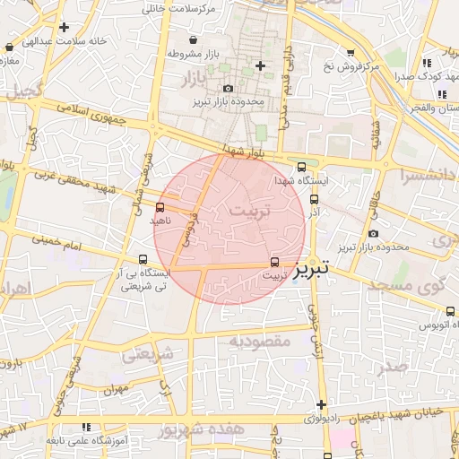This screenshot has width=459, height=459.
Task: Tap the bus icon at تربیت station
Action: [274, 263]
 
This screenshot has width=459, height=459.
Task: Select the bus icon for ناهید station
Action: [160, 208]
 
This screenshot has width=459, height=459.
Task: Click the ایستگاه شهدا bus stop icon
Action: [301, 167]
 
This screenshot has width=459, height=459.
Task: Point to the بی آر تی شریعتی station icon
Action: [132, 259]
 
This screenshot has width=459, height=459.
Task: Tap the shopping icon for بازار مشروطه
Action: [194, 39]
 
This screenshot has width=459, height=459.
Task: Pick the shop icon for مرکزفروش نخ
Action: [351, 52]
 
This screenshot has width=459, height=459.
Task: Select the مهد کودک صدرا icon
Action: [429, 63]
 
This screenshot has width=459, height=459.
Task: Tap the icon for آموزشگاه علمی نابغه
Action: [86, 429]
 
